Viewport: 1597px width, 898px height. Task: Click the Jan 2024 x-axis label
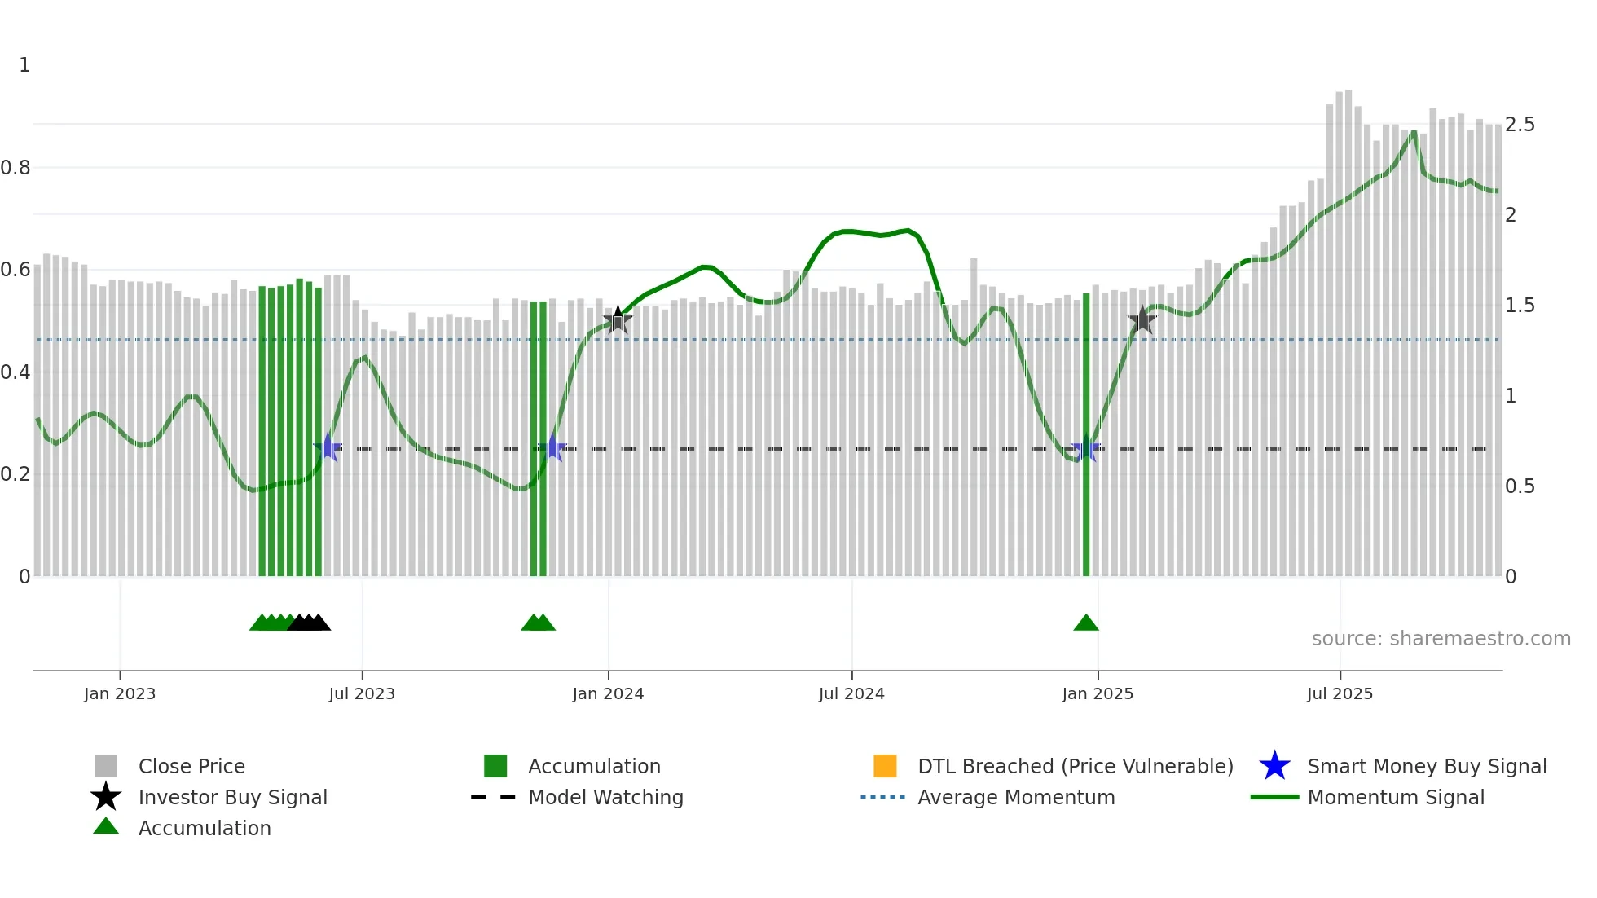point(608,693)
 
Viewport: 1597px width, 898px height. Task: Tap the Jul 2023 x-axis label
point(362,693)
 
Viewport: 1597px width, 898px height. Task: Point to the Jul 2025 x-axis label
point(1340,693)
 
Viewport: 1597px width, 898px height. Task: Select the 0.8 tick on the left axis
point(15,168)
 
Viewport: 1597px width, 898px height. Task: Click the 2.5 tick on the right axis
point(1520,125)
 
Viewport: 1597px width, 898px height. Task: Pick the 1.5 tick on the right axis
point(1520,306)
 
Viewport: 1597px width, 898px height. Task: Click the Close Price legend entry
point(191,766)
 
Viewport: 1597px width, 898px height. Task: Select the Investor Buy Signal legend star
point(106,797)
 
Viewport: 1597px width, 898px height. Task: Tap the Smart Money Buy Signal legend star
point(1274,766)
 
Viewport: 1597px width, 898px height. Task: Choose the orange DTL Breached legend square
point(885,766)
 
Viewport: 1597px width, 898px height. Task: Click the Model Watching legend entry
point(605,797)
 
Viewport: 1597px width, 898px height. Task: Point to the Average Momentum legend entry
point(1015,797)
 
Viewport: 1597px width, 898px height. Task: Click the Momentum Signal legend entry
point(1395,797)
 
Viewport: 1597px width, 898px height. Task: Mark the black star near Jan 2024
point(618,320)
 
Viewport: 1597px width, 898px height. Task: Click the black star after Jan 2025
point(1142,320)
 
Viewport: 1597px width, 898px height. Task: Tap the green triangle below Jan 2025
point(1086,623)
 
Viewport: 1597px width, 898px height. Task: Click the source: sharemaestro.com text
point(1441,639)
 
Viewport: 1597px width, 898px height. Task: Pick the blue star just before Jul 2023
point(328,447)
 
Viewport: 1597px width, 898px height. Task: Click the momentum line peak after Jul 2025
point(1414,132)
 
